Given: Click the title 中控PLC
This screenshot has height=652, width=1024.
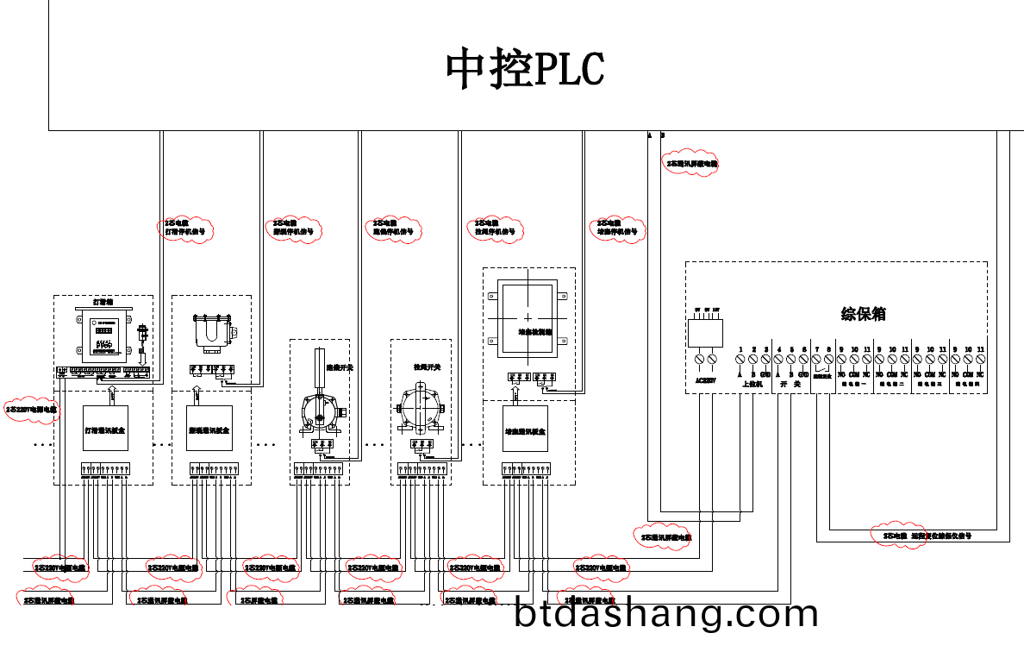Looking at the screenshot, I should click(525, 69).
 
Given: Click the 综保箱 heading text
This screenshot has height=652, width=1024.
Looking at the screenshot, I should click(863, 314).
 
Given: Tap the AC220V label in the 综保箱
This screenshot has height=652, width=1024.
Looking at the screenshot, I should click(705, 377).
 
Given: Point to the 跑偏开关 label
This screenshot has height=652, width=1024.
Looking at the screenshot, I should click(340, 367).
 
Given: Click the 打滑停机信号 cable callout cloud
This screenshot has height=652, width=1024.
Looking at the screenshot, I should click(186, 228).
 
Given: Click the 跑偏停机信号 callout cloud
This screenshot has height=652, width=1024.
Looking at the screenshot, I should click(393, 228).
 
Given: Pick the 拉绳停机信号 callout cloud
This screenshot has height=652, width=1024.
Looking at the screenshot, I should click(495, 228).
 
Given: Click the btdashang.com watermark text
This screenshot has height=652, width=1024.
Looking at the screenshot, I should click(665, 614).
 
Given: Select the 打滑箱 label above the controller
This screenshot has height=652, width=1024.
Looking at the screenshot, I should click(103, 303).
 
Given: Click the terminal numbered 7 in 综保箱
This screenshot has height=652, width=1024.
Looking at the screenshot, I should click(816, 357).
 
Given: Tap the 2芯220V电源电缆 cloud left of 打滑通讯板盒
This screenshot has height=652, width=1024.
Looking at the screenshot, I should click(32, 410).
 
